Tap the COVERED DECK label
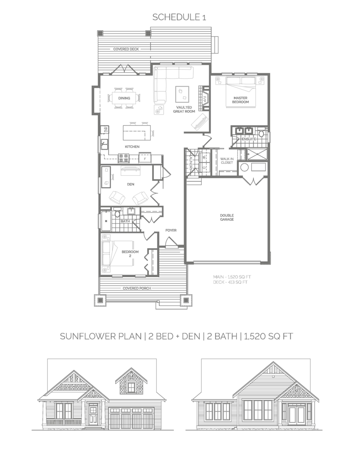pyautogui.click(x=126, y=49)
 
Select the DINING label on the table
pyautogui.click(x=124, y=98)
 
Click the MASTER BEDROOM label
pyautogui.click(x=241, y=100)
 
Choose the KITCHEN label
pyautogui.click(x=132, y=147)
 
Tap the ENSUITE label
pyautogui.click(x=249, y=139)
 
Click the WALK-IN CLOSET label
pyautogui.click(x=226, y=161)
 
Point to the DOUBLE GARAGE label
pyautogui.click(x=227, y=217)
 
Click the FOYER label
pyautogui.click(x=171, y=230)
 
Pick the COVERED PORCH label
pyautogui.click(x=137, y=288)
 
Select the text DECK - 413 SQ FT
pyautogui.click(x=231, y=282)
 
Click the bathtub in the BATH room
pyautogui.click(x=106, y=221)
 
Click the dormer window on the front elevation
pyautogui.click(x=132, y=387)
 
